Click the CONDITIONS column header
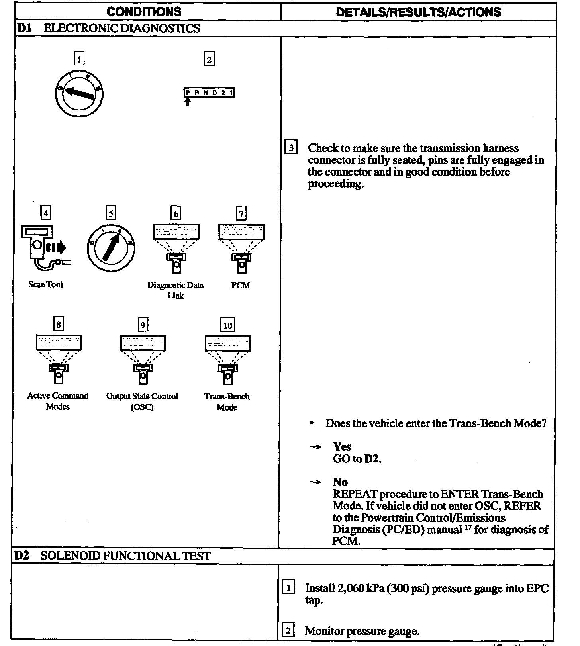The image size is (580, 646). coord(144,12)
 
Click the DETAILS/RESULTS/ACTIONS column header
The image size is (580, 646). coord(418,12)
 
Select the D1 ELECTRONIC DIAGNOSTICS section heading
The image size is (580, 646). coord(108,29)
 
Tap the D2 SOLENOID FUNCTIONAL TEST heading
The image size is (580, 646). coord(112,556)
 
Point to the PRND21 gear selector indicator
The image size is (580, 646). coord(209,93)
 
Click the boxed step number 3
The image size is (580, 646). coord(291,148)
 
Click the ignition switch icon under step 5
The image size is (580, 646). coord(111,248)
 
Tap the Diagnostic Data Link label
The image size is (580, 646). coord(175,290)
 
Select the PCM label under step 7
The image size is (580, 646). coord(241,285)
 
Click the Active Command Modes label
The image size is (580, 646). coord(58,401)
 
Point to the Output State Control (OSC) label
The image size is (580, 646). coord(142,401)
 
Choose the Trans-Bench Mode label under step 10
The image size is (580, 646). coord(227,402)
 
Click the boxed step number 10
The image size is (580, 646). coord(227,325)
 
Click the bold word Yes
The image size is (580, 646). coord(342,447)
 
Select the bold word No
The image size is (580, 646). coord(340,482)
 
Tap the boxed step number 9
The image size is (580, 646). coord(143,325)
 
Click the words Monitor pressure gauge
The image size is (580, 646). coord(362,631)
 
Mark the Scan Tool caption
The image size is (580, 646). coord(45,284)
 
